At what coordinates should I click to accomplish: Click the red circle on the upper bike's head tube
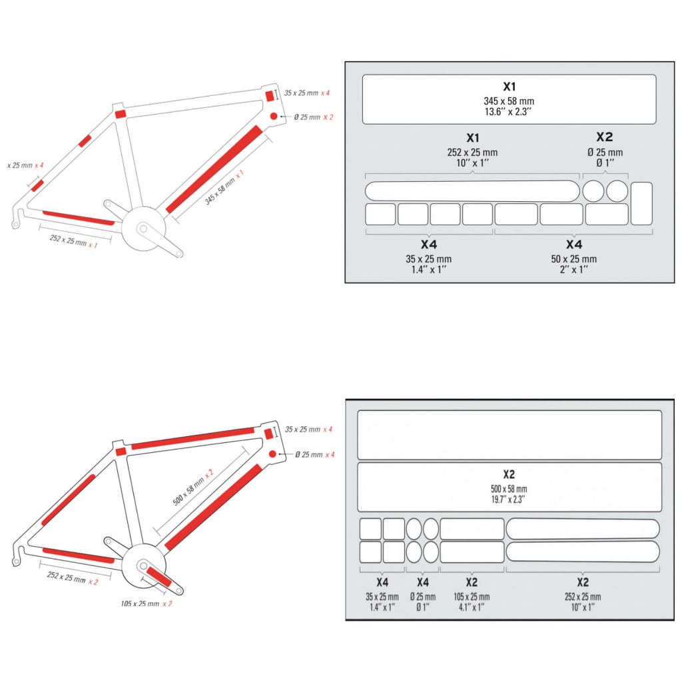click(x=274, y=116)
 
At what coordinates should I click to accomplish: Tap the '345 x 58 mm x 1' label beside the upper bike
click(x=224, y=187)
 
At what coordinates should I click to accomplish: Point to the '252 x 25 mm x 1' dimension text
click(x=73, y=241)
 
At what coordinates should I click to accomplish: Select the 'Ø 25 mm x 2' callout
click(x=314, y=117)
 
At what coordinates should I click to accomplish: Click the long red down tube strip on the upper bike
click(x=214, y=169)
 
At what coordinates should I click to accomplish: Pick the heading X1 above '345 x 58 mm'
click(x=510, y=87)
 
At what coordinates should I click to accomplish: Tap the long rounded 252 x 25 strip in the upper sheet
click(x=472, y=191)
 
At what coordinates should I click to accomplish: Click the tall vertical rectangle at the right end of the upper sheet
click(x=641, y=204)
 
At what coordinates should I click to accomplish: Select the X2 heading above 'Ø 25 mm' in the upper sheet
click(x=605, y=137)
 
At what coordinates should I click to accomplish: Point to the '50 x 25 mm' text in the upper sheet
click(x=573, y=259)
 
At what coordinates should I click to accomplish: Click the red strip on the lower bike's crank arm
click(x=159, y=577)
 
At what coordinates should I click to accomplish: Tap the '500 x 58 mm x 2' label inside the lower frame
click(x=193, y=488)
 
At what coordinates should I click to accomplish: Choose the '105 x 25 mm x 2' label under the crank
click(x=147, y=603)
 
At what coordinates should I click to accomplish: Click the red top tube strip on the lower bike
click(x=192, y=438)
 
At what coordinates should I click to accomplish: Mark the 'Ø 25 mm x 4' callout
click(x=315, y=454)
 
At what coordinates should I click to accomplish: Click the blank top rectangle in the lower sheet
click(x=510, y=435)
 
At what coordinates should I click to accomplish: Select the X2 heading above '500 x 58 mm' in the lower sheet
click(x=509, y=474)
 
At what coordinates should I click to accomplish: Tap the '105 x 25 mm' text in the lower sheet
click(x=472, y=597)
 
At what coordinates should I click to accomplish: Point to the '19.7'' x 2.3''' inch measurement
click(x=508, y=500)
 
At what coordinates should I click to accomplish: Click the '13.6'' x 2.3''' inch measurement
click(x=508, y=112)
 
